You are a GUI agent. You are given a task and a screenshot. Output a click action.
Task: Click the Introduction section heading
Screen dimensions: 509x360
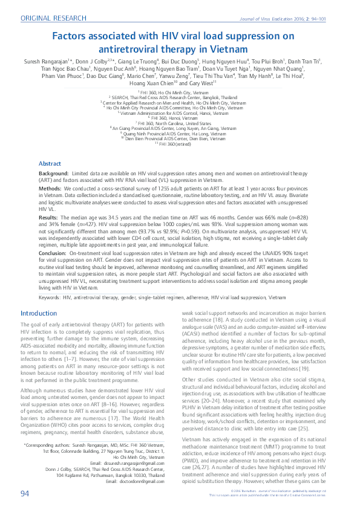39,313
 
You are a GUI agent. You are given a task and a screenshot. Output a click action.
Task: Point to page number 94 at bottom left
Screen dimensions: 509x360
25,493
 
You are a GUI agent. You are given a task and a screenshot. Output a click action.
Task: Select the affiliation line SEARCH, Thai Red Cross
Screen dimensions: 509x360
180,97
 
